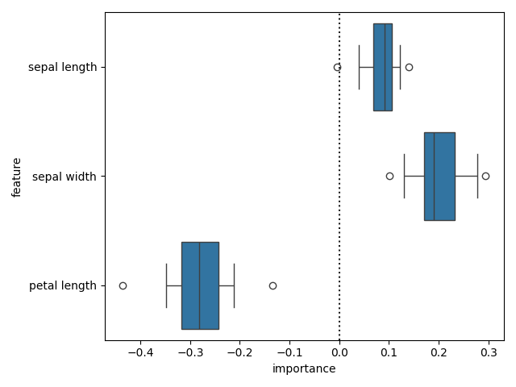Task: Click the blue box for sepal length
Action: (x=383, y=67)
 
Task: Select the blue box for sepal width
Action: (x=439, y=176)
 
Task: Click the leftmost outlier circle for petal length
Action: (x=123, y=285)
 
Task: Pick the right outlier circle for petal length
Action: (x=273, y=285)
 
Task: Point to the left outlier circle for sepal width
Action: (x=389, y=176)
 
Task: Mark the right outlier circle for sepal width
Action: (x=485, y=176)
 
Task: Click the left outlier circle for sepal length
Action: (x=337, y=67)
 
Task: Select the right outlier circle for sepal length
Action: (x=409, y=67)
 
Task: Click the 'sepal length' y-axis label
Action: (x=62, y=67)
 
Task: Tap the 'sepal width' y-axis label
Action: (x=64, y=176)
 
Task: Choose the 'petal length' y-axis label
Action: (x=62, y=285)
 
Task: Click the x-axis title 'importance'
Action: (x=304, y=369)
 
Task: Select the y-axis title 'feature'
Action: (x=17, y=176)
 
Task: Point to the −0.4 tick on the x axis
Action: (x=140, y=353)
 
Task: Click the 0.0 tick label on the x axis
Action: (x=339, y=353)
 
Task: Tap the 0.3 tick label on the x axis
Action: (x=488, y=353)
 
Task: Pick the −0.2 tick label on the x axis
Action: (x=239, y=353)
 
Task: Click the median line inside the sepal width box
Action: (x=434, y=176)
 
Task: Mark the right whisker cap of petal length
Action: (x=234, y=285)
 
